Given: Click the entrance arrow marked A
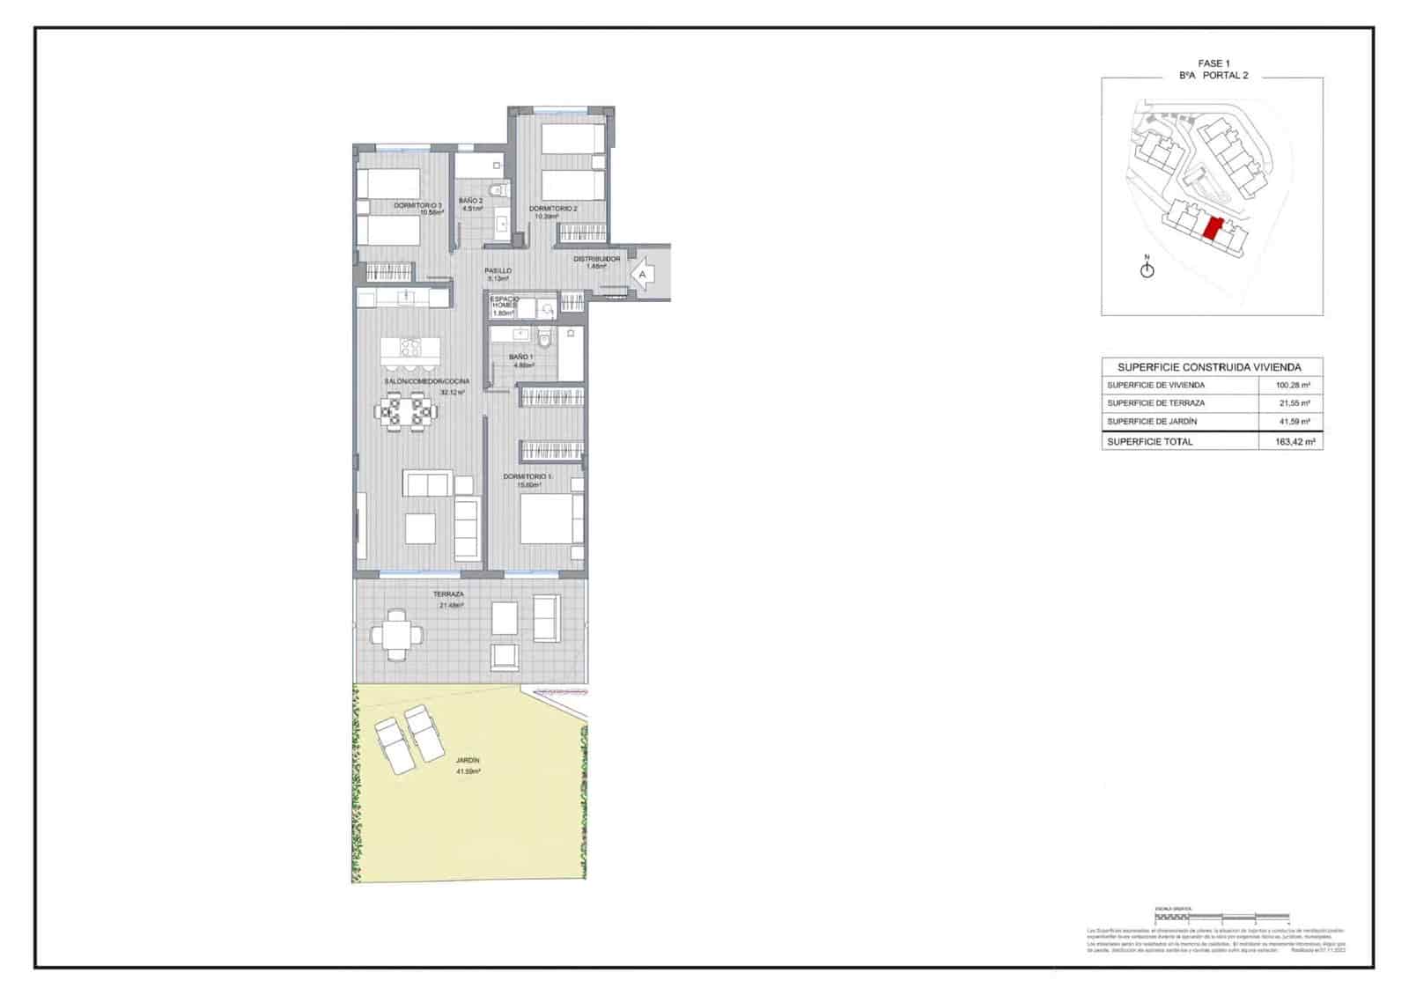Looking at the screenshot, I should coord(643,274).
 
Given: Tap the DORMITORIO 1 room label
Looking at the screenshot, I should coord(527,476).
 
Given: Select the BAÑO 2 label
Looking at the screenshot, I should coord(470,201).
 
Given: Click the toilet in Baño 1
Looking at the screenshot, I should coord(544,337).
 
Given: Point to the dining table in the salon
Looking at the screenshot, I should coord(406,410).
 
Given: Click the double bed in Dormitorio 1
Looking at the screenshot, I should coord(550,519).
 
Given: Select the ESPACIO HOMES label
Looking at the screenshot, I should coord(505,305).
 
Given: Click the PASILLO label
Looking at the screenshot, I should coord(498,271).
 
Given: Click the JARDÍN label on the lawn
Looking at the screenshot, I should coord(468,760).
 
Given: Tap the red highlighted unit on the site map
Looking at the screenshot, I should coord(1213,229).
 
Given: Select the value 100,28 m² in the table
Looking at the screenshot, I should coord(1292,385).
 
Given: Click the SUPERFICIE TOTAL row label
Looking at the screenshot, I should coord(1149,441).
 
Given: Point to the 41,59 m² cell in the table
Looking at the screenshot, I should coord(1292,422).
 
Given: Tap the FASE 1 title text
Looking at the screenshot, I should coord(1211,63).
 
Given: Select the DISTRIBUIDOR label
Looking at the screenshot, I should coord(596,259).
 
